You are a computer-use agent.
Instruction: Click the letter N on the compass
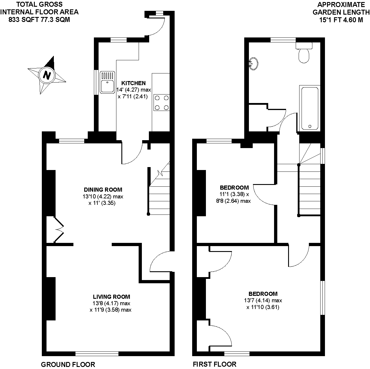47,75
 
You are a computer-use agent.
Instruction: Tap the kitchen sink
107,83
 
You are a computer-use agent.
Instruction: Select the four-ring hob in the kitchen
162,103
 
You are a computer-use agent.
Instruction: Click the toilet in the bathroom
304,53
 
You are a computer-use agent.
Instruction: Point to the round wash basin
254,63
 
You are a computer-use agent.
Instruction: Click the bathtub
310,108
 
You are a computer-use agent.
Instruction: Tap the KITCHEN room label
133,83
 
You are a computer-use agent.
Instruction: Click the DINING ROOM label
103,190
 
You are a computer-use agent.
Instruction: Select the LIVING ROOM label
111,297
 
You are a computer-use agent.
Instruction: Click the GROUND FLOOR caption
68,364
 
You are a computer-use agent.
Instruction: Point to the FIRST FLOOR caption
214,364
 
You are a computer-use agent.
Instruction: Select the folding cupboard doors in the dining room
59,229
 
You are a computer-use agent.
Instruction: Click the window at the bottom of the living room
97,353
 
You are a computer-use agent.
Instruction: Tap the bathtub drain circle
310,126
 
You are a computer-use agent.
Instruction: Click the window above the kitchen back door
159,13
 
